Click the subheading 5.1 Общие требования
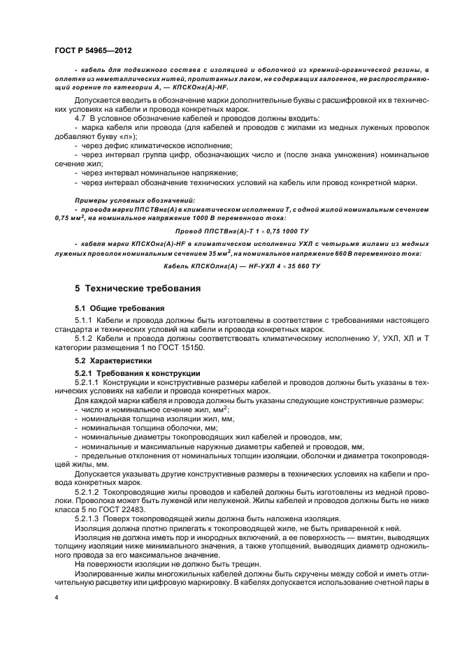120,307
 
